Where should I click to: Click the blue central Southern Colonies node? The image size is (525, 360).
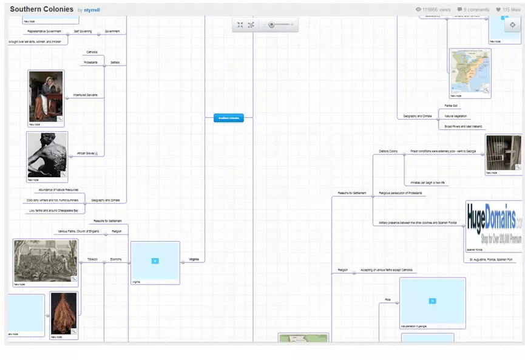229,118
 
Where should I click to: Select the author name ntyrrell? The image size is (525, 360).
92,10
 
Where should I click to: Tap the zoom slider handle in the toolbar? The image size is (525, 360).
271,25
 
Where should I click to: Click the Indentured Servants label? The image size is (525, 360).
85,95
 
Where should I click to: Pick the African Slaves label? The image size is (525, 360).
85,154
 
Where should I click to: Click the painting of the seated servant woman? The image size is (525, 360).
46,97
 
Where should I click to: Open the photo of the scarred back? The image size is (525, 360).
47,155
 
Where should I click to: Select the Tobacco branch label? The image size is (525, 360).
92,259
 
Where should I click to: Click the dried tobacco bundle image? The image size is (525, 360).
64,313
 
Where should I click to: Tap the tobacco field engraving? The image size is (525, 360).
46,261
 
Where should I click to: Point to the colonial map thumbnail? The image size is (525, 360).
470,71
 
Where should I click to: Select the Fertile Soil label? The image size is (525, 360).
450,106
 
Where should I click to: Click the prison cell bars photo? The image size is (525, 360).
503,152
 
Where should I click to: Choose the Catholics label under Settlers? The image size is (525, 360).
92,52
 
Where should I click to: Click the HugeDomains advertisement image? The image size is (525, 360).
493,224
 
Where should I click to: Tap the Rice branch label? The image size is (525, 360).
387,300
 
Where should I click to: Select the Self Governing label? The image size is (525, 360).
83,31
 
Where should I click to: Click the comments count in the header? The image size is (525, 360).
473,10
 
